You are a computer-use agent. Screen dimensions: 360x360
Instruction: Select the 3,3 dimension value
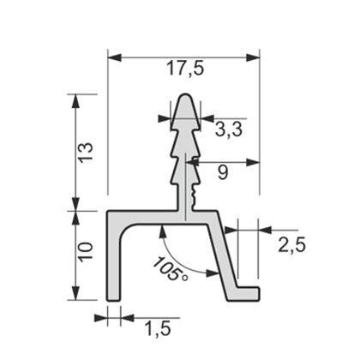pos(226,131)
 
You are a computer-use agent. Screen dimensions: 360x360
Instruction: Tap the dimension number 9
pos(222,172)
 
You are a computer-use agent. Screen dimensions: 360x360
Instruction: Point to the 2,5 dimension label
pos(291,244)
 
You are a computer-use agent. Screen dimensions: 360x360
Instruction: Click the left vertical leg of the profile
pos(113,257)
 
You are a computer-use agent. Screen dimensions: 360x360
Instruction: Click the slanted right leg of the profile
pos(225,257)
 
